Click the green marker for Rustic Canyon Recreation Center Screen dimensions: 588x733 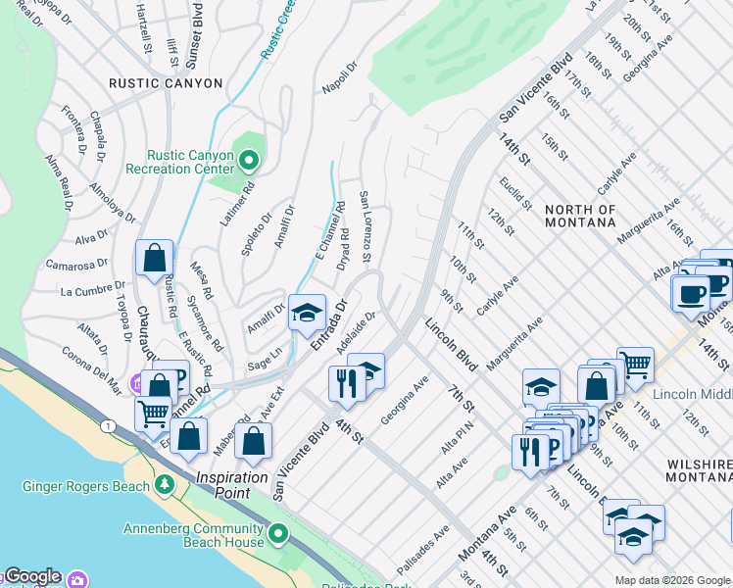click(249, 161)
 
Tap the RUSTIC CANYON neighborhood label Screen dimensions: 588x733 click(167, 83)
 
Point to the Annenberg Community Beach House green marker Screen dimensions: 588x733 click(279, 535)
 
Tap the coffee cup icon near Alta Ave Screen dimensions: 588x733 click(690, 292)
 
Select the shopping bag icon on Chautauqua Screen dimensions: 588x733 click(155, 260)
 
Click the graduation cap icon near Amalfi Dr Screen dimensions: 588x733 click(308, 314)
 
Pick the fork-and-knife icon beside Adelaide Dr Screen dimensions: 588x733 click(346, 382)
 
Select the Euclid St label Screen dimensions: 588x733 click(514, 194)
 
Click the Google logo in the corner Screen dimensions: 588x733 click(31, 576)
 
